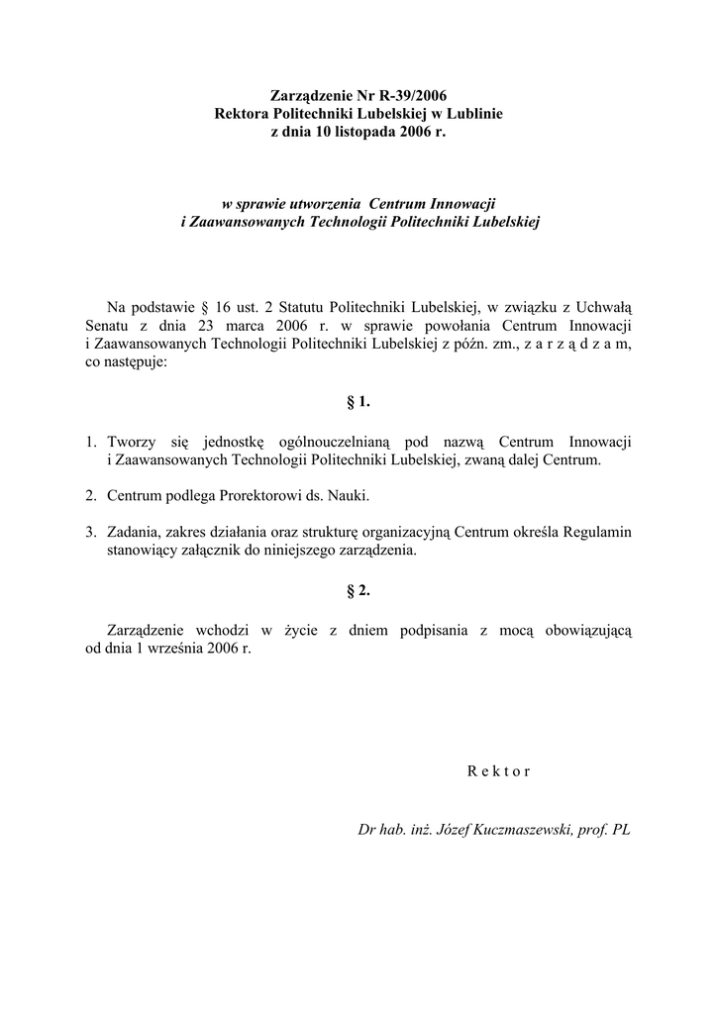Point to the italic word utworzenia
click(x=320, y=203)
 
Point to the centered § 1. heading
click(x=358, y=402)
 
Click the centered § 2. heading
click(x=358, y=590)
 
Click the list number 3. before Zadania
click(x=91, y=532)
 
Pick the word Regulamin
click(x=596, y=532)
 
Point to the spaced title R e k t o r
click(x=498, y=772)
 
